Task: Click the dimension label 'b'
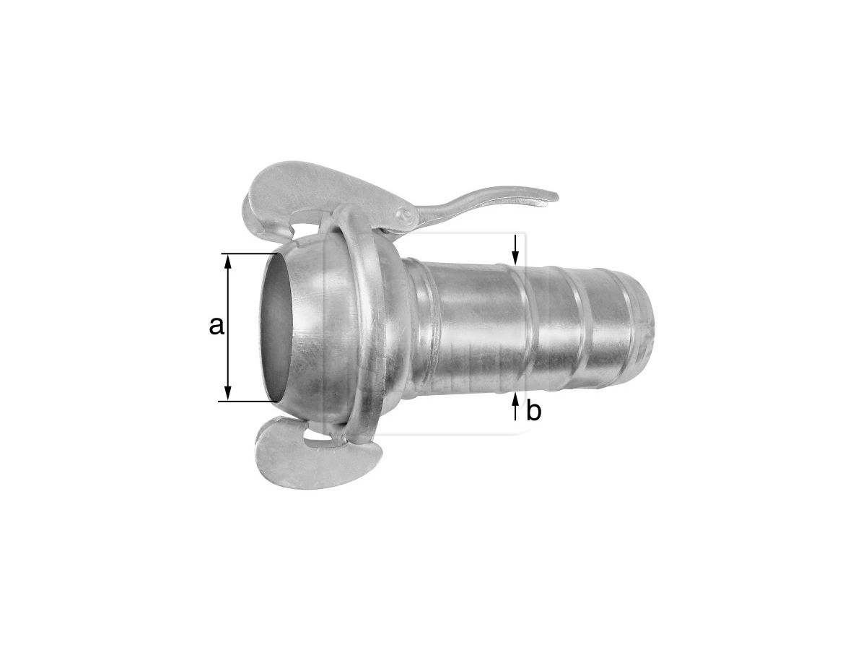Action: [533, 412]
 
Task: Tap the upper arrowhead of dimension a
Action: [227, 262]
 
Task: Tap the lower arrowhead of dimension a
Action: [227, 393]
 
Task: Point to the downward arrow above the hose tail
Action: [515, 249]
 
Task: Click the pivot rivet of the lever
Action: [405, 214]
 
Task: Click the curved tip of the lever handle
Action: [551, 197]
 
